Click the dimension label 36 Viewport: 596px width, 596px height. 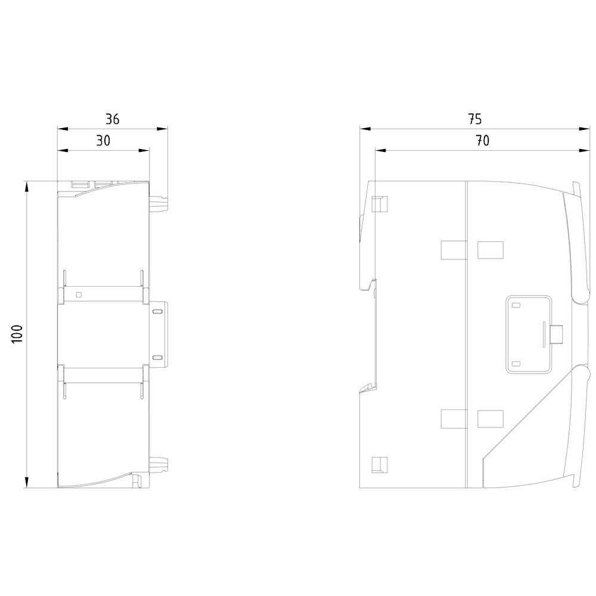pyautogui.click(x=112, y=119)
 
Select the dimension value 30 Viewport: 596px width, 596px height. pyautogui.click(x=103, y=141)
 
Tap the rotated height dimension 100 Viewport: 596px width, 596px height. pyautogui.click(x=17, y=334)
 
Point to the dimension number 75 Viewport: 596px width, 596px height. pyautogui.click(x=474, y=119)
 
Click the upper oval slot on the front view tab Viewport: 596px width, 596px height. pyautogui.click(x=157, y=311)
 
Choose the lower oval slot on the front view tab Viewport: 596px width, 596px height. pyautogui.click(x=157, y=357)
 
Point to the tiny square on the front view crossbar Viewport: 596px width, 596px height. pyautogui.click(x=79, y=294)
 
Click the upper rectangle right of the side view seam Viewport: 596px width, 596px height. pyautogui.click(x=491, y=250)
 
